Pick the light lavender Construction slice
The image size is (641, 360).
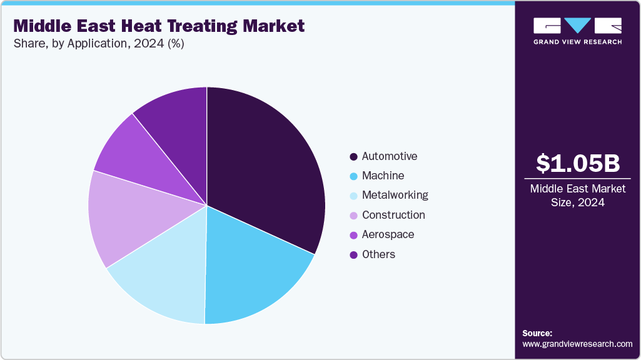(x=125, y=219)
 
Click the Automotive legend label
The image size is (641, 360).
(x=389, y=156)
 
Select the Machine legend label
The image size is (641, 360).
(x=383, y=176)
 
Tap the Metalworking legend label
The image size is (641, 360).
(x=395, y=195)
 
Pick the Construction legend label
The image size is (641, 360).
(x=393, y=215)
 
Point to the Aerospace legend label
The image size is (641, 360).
(x=388, y=234)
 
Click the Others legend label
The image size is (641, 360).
(x=378, y=254)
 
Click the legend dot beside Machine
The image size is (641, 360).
(x=353, y=176)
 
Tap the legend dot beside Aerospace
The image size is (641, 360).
(x=353, y=235)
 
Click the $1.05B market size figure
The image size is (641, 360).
(x=578, y=163)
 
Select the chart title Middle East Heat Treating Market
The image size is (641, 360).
(x=159, y=26)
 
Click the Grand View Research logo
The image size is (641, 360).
(x=577, y=31)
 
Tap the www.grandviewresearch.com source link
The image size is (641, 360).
(x=577, y=344)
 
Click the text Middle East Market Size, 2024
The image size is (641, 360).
(x=578, y=196)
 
